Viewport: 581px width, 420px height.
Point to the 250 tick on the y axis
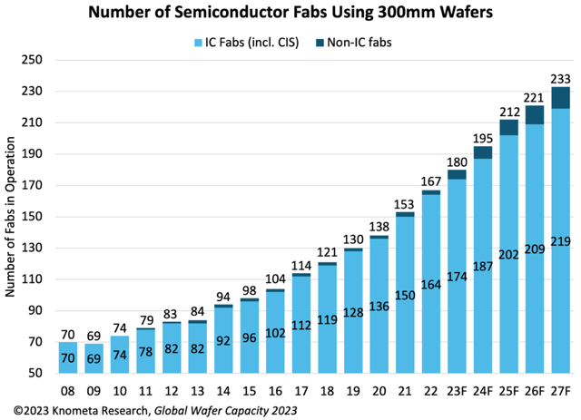pyautogui.click(x=33, y=60)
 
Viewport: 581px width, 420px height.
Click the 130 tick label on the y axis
pyautogui.click(x=33, y=248)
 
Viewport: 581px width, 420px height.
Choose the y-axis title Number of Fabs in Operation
pyautogui.click(x=11, y=217)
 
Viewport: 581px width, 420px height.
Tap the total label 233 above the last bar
pyautogui.click(x=560, y=78)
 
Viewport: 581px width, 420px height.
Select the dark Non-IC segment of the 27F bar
pyautogui.click(x=560, y=97)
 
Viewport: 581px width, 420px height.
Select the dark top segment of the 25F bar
pyautogui.click(x=508, y=127)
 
